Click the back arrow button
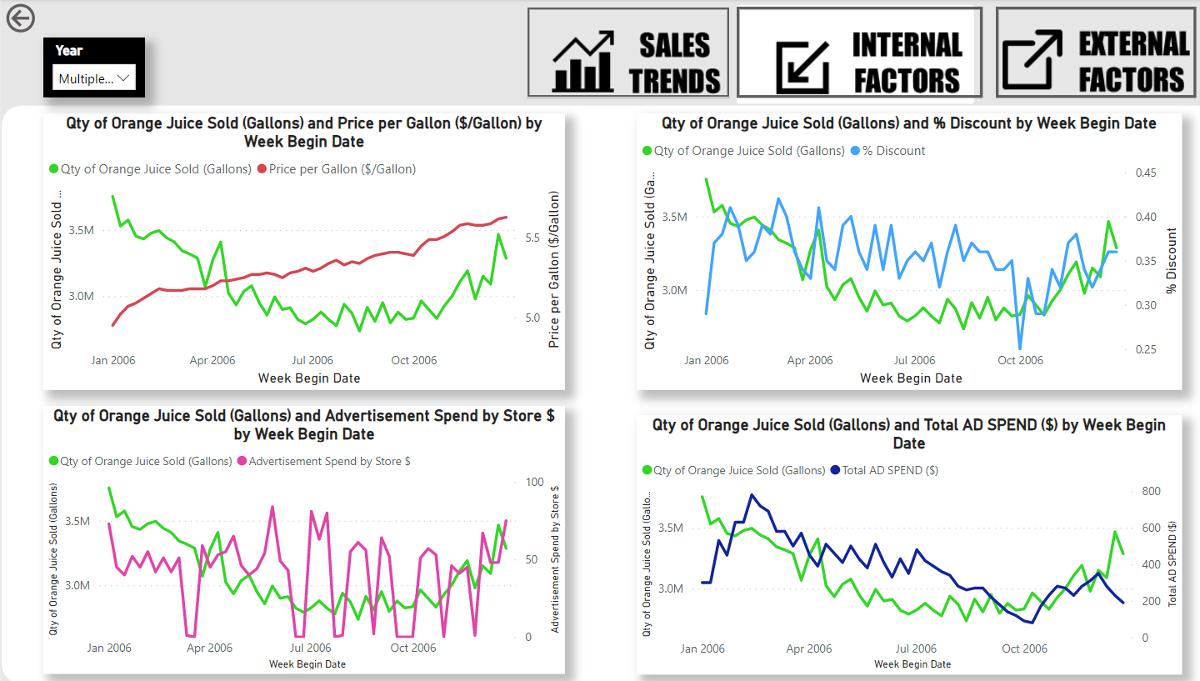(20, 18)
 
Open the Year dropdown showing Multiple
(92, 78)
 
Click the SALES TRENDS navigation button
(628, 53)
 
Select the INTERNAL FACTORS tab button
(859, 53)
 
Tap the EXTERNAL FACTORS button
(1094, 53)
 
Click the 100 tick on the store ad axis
(534, 483)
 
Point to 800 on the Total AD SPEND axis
(1151, 492)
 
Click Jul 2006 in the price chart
(312, 361)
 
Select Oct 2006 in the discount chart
(1020, 361)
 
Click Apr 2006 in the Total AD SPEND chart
(808, 649)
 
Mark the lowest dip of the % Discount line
(1020, 348)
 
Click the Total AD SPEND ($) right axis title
(1172, 563)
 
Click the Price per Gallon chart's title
(303, 132)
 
